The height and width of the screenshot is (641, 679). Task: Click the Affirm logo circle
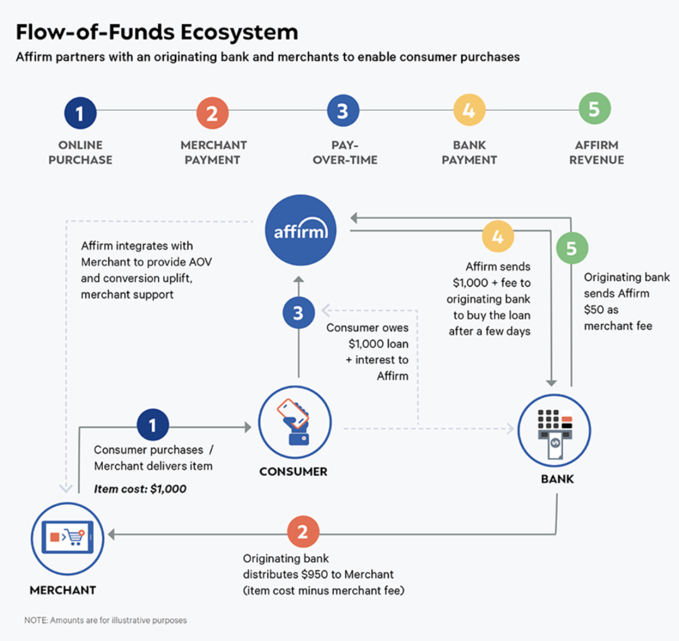click(300, 230)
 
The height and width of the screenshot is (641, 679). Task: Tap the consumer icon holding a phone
click(294, 422)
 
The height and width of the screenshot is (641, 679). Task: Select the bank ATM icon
click(554, 431)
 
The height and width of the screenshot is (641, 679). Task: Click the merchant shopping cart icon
click(67, 538)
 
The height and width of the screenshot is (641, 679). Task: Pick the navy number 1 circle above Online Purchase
click(80, 113)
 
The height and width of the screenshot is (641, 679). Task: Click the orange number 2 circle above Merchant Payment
click(212, 113)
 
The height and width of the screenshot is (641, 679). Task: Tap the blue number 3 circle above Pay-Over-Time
click(343, 111)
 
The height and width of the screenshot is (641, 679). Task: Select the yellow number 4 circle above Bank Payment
click(469, 110)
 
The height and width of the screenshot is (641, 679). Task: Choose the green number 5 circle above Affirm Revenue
click(594, 109)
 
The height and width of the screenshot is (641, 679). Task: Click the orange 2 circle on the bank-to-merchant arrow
click(303, 532)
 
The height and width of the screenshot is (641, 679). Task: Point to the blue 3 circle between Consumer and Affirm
click(299, 313)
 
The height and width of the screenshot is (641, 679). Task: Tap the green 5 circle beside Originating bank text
click(571, 248)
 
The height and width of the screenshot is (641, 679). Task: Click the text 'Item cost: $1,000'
click(140, 489)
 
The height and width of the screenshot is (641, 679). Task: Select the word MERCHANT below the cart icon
click(63, 590)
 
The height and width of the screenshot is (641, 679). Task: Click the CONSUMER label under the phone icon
click(293, 471)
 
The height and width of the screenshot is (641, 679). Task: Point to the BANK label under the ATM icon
click(557, 479)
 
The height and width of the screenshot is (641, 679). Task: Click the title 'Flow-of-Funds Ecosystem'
click(157, 32)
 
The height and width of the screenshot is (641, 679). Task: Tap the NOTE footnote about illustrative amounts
click(106, 620)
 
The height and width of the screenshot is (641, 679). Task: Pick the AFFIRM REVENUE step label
click(596, 152)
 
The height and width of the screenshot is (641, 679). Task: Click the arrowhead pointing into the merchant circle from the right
click(112, 534)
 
